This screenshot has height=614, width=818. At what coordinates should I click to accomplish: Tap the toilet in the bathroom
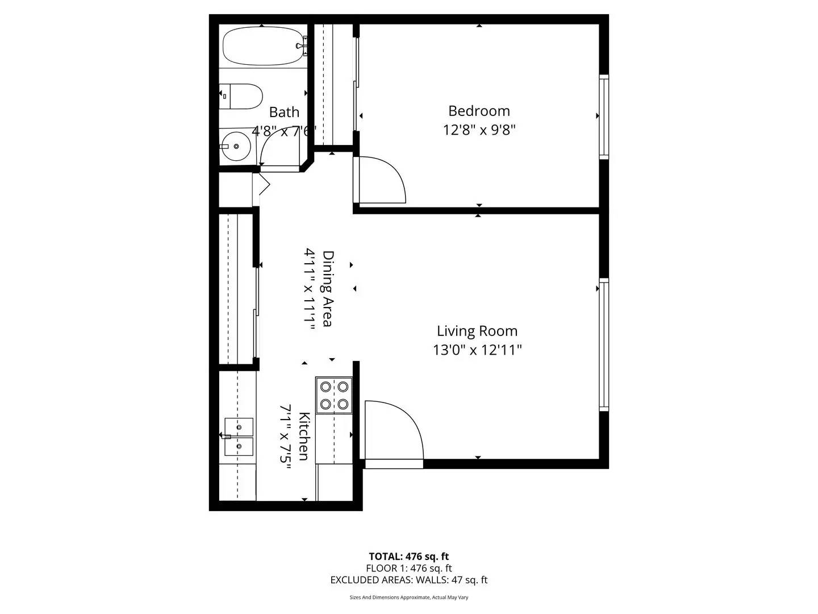(241, 97)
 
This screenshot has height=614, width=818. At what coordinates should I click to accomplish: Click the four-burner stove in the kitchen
(334, 395)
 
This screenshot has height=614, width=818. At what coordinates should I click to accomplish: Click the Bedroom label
(479, 111)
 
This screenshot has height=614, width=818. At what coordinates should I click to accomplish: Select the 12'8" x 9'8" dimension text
(479, 130)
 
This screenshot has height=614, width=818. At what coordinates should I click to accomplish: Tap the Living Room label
(477, 331)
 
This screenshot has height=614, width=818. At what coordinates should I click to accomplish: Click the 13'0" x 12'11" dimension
(477, 350)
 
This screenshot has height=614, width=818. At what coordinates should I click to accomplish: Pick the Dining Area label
(328, 289)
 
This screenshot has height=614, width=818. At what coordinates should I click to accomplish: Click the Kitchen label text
(304, 437)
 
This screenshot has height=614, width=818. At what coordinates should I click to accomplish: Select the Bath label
(284, 112)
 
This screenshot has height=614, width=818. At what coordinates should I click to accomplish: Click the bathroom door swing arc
(278, 148)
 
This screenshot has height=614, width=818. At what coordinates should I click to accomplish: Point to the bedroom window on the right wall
(604, 117)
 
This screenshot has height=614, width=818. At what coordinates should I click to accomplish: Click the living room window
(604, 345)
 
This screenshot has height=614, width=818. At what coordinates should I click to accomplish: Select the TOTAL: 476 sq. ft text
(408, 557)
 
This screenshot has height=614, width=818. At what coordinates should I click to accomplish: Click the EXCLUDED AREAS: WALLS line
(408, 580)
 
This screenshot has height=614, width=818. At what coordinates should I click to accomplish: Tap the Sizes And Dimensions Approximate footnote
(408, 598)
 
